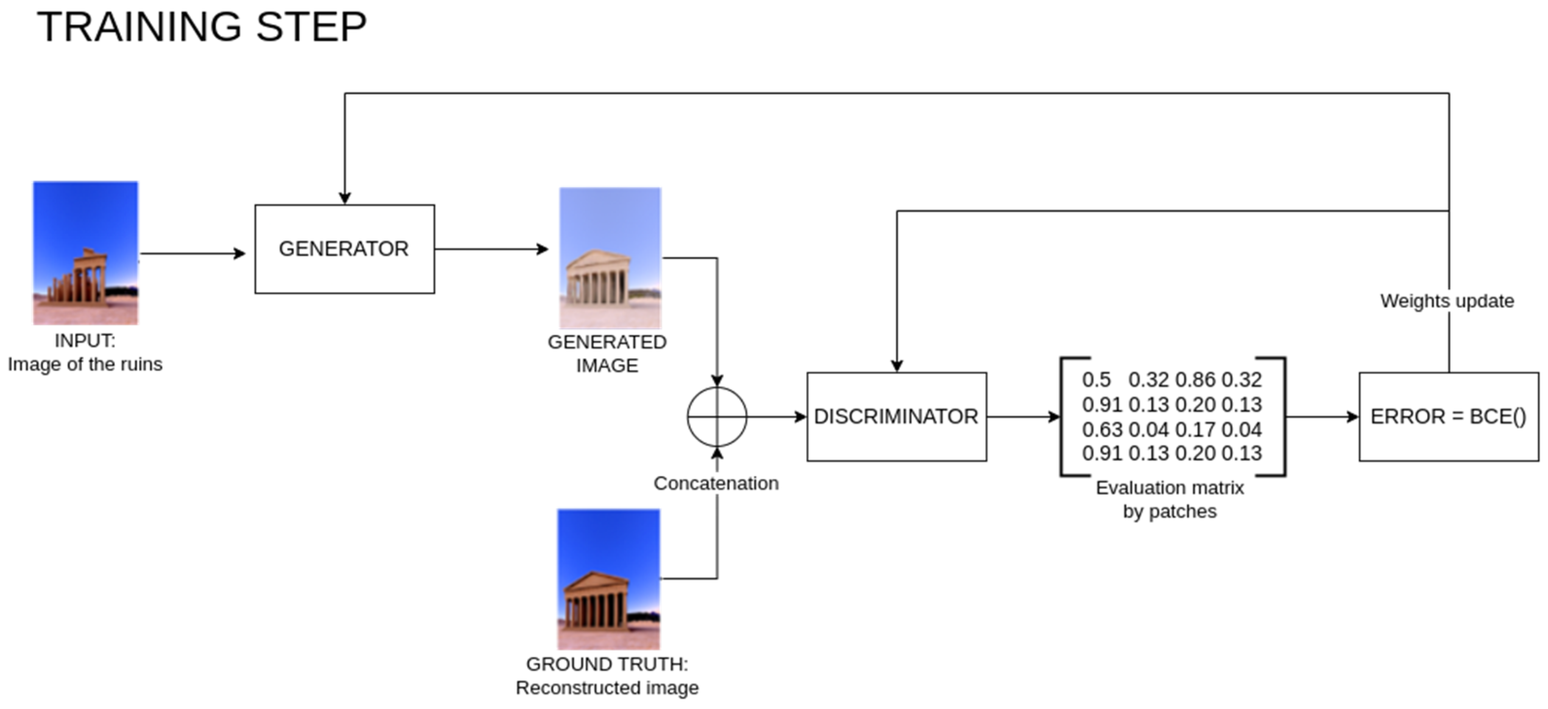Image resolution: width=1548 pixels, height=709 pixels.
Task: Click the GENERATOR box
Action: pyautogui.click(x=344, y=249)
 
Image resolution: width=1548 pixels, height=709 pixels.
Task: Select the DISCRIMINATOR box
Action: pyautogui.click(x=896, y=417)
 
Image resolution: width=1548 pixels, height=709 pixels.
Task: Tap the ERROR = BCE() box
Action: pyautogui.click(x=1448, y=417)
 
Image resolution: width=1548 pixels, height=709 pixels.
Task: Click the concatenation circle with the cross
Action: pyautogui.click(x=717, y=417)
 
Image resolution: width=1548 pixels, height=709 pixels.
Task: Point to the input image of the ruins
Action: pyautogui.click(x=85, y=253)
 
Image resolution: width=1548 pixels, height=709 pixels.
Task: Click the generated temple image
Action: pyautogui.click(x=610, y=257)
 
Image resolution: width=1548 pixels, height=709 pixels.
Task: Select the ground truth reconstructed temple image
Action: pyautogui.click(x=608, y=579)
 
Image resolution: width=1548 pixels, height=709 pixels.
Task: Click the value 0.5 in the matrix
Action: pyautogui.click(x=1096, y=380)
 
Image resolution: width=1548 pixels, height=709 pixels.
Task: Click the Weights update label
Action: pyautogui.click(x=1446, y=301)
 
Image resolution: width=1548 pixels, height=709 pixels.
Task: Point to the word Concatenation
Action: pyautogui.click(x=716, y=484)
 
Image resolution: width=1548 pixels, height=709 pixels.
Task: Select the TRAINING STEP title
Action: pyautogui.click(x=202, y=27)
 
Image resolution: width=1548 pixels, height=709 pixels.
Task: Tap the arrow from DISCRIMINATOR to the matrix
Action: pyautogui.click(x=1023, y=417)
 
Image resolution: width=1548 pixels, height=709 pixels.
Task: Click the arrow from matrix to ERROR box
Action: pyautogui.click(x=1321, y=417)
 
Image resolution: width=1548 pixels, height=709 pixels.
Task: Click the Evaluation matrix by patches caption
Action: pyautogui.click(x=1170, y=499)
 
